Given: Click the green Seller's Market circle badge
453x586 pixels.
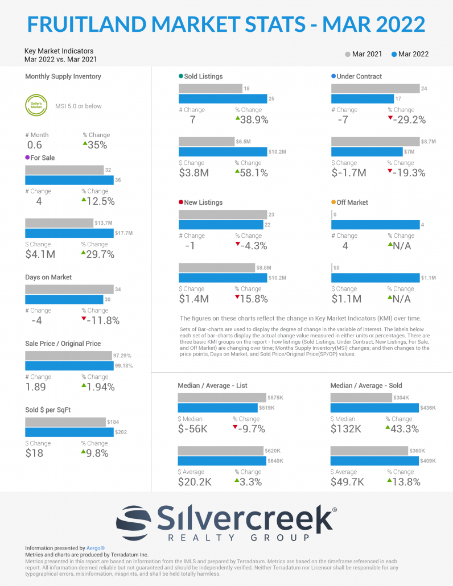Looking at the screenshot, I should point(35,106).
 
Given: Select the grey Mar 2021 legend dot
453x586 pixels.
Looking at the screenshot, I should point(347,55).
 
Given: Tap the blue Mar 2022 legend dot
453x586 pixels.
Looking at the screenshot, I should point(394,55).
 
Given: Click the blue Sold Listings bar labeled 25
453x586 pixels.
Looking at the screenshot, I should point(223,99).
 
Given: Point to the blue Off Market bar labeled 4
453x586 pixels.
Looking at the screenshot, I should point(375,225).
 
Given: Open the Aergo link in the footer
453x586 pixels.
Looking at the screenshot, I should point(96,548).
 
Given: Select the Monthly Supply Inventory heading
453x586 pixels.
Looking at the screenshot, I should point(63,76).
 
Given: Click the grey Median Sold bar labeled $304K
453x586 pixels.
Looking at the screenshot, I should point(361,398).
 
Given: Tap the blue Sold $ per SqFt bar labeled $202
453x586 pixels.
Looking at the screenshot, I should point(69,432).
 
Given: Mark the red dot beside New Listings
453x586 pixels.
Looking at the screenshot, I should point(181,203).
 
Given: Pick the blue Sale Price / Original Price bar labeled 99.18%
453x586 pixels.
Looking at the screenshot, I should point(68,366).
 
